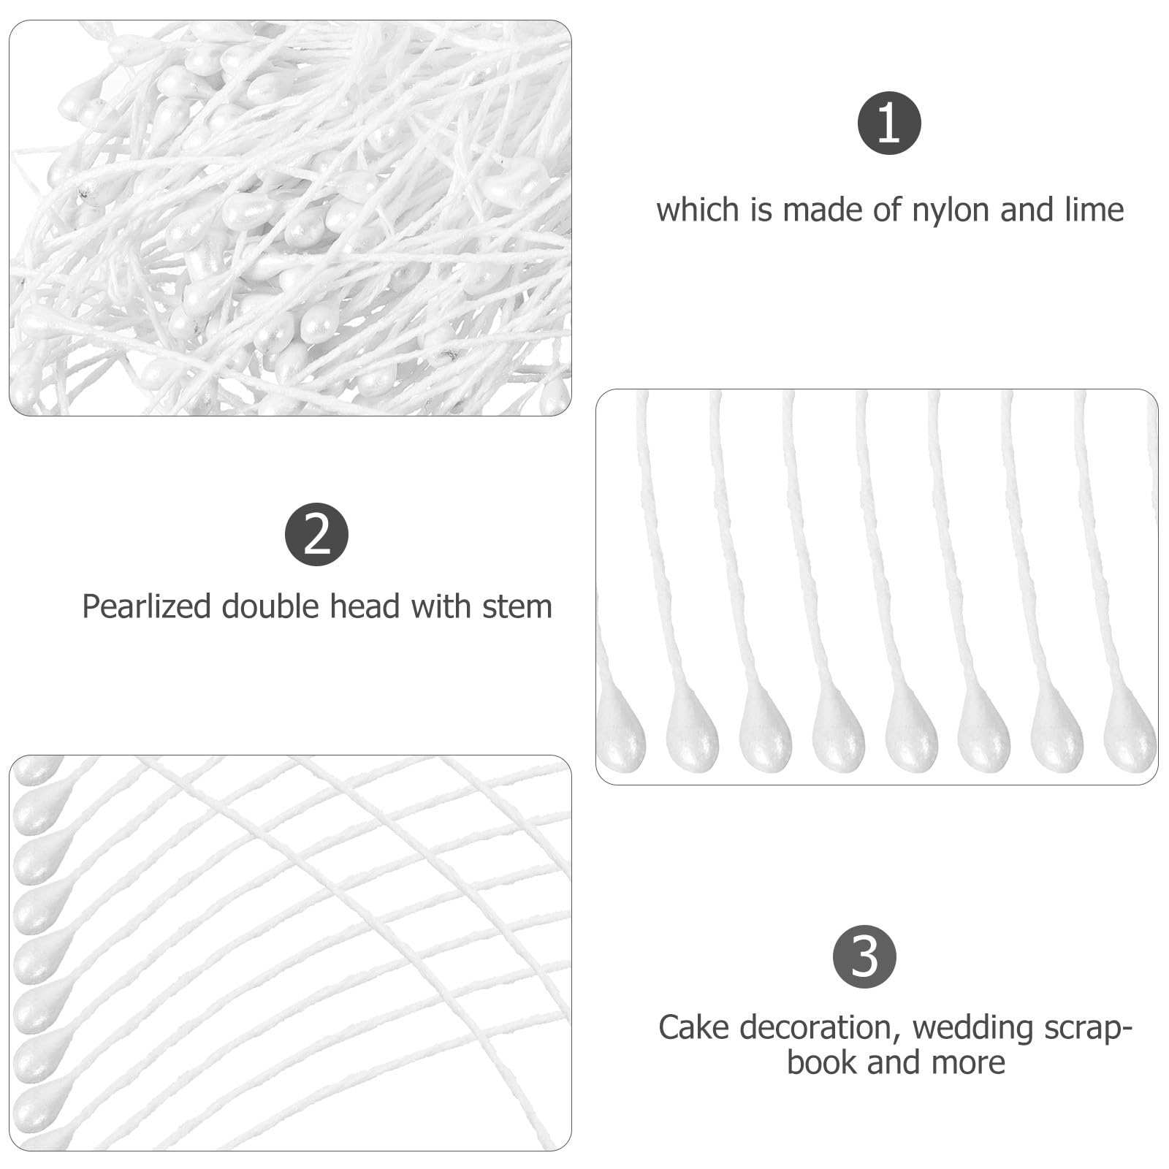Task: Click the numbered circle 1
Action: (888, 123)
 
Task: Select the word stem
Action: (517, 607)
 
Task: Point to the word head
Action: (365, 606)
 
